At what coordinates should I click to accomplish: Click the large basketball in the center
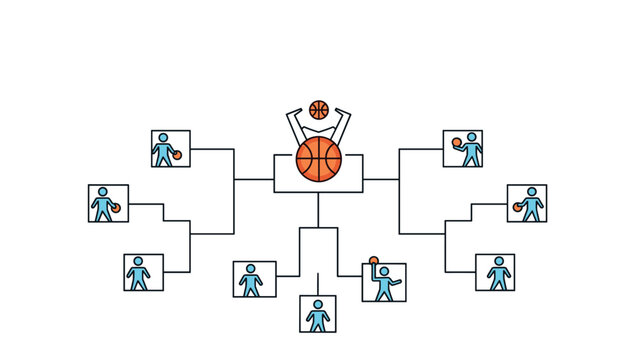point(319,159)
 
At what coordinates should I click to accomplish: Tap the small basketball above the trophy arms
point(319,109)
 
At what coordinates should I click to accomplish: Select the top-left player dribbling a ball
point(165,150)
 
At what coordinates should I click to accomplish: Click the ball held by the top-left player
point(176,155)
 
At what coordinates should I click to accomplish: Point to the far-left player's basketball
point(116,208)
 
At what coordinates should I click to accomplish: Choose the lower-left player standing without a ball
point(139,273)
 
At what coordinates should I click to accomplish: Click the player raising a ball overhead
point(383,283)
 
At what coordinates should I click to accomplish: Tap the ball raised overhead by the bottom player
point(374,262)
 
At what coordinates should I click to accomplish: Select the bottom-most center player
point(318,315)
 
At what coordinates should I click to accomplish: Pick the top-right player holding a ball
point(467,149)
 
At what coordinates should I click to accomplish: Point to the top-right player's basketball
point(456,142)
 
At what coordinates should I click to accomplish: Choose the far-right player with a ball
point(530,205)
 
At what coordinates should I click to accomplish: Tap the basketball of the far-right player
point(518,207)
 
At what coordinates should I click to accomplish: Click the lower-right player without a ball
point(498,273)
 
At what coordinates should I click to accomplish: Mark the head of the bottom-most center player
point(318,304)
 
